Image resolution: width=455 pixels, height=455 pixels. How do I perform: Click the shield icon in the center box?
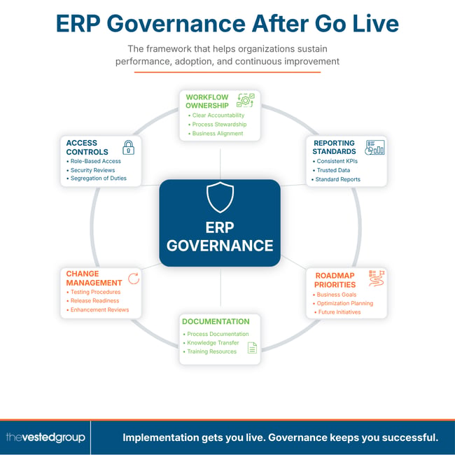click(x=220, y=197)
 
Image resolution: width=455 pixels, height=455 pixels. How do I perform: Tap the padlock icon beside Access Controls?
click(x=128, y=148)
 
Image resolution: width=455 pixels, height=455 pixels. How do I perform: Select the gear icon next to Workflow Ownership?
click(x=246, y=100)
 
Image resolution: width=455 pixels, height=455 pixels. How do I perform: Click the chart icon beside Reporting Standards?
click(x=374, y=148)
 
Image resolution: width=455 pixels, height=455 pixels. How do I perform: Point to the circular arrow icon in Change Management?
click(x=134, y=279)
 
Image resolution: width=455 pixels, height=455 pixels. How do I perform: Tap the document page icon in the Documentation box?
click(x=252, y=348)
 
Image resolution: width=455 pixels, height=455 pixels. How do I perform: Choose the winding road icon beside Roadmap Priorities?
click(x=377, y=279)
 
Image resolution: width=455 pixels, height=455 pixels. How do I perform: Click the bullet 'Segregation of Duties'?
click(x=99, y=178)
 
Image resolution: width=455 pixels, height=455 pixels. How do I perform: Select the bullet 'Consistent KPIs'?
click(x=337, y=161)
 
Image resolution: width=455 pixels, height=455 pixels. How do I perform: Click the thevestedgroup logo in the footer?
click(x=45, y=437)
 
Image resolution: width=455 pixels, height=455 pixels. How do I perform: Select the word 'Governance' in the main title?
click(x=176, y=24)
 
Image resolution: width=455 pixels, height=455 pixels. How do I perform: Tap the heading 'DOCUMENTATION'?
click(x=216, y=321)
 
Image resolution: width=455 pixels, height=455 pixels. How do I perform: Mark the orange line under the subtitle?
click(x=227, y=72)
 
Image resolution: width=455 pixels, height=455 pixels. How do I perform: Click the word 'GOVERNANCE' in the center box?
click(x=220, y=246)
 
